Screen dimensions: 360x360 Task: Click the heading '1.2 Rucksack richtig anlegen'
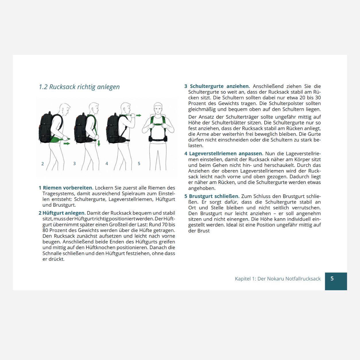(79, 87)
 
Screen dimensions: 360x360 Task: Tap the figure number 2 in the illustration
(42, 164)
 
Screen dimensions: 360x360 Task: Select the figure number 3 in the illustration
(74, 164)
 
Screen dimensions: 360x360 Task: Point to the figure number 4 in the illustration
(107, 164)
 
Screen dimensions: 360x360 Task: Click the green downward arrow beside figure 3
(99, 143)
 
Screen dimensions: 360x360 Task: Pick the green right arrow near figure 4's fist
(139, 115)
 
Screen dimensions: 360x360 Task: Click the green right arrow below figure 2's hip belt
(67, 144)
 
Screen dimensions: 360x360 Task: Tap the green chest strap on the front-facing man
(158, 124)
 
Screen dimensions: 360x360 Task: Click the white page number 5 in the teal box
(332, 278)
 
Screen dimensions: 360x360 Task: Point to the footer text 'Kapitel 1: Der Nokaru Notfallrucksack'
(278, 279)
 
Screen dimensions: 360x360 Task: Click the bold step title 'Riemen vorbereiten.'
(68, 188)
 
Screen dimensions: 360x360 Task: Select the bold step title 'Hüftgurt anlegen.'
(64, 213)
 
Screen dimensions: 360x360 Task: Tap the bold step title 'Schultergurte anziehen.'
(220, 86)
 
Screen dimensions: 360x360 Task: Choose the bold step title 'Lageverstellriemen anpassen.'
(226, 154)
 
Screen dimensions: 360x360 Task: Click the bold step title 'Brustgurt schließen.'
(214, 196)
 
